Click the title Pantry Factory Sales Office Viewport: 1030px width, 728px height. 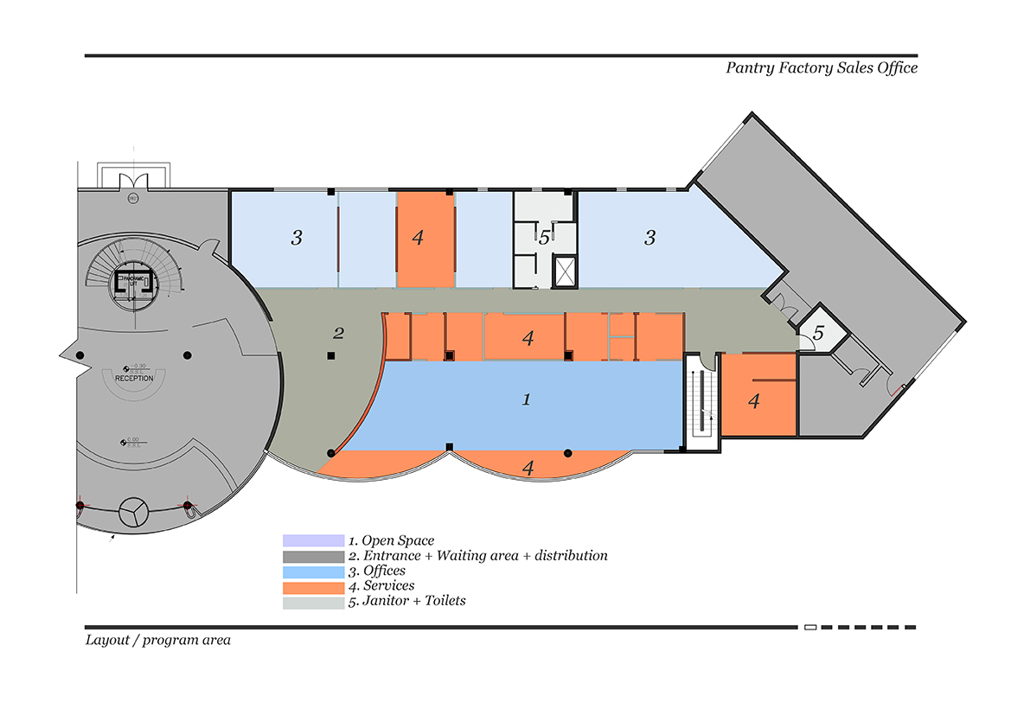821,68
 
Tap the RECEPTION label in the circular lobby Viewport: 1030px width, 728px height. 134,378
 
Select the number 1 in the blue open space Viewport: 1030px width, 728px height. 526,399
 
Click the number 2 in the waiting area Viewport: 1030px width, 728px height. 339,333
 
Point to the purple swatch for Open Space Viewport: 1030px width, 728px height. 313,541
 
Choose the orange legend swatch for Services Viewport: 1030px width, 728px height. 313,587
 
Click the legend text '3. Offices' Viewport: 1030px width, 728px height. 377,572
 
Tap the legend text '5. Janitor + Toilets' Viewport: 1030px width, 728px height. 406,601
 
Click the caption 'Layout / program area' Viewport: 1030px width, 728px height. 157,641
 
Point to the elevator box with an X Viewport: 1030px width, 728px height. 564,271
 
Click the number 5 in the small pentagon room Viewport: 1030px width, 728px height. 818,332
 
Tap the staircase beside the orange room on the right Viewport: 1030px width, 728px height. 703,403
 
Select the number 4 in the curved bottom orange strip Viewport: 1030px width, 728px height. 528,468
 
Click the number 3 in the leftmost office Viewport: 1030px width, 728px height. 297,238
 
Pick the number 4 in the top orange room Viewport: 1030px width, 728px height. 419,238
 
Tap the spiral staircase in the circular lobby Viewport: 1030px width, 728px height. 134,275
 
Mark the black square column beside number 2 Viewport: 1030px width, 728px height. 329,355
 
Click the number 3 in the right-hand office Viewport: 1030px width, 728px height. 650,238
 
